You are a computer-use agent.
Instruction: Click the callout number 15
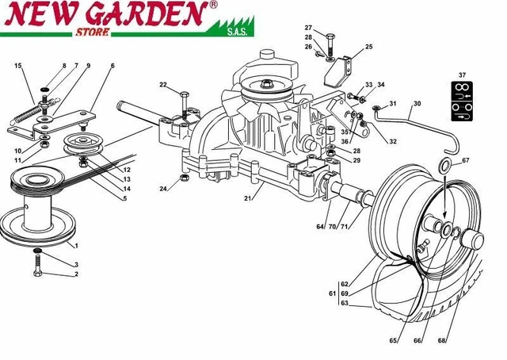(17, 66)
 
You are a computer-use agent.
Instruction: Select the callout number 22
(163, 85)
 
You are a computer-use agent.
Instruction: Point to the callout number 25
(368, 48)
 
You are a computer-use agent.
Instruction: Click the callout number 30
(417, 104)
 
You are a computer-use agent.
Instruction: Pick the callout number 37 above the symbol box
(463, 76)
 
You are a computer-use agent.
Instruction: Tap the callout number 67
(466, 161)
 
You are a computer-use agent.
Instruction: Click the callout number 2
(76, 274)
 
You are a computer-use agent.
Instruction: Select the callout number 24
(162, 189)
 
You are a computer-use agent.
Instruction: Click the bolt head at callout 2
(36, 274)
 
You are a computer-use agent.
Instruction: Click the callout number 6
(112, 66)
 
